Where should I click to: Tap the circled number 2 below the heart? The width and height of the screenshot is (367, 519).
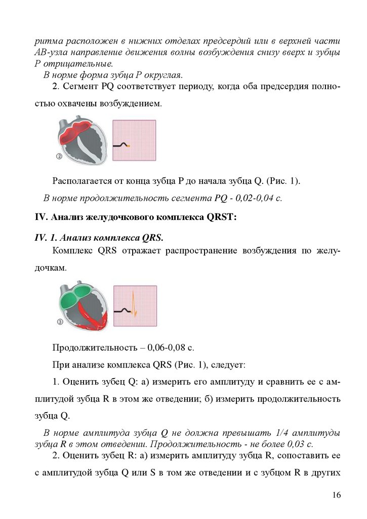(x=59, y=157)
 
